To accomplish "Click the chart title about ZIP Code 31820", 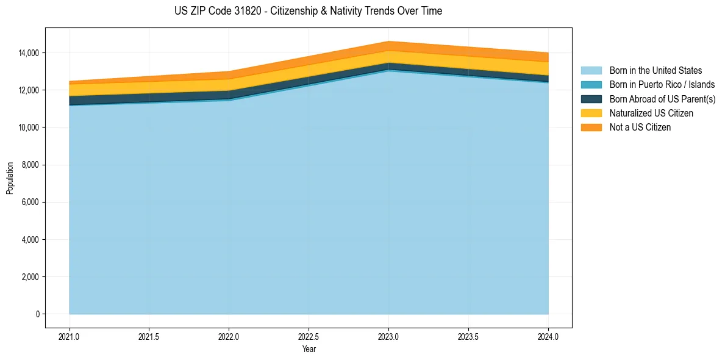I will tap(308, 11).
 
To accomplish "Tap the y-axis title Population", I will tap(10, 178).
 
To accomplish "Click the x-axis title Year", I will tap(309, 349).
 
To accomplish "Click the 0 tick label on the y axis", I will tap(37, 314).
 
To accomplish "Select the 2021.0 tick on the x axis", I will tap(70, 336).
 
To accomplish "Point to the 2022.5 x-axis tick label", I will tap(309, 336).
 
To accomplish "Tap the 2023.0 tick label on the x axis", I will tap(388, 336).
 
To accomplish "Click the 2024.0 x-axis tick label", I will tap(548, 336).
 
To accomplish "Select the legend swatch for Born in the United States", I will tap(591, 71).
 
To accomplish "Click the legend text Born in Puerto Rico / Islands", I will tap(662, 85).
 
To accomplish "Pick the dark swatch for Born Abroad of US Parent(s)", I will tap(591, 99).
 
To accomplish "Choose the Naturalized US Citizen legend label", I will tap(651, 113).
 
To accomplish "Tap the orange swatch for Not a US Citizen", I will tap(591, 128).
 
